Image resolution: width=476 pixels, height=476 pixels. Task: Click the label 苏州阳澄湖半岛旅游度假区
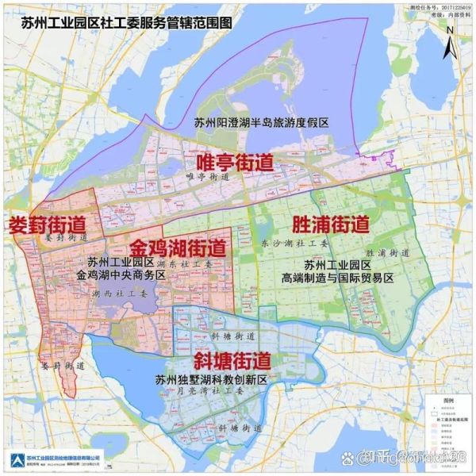click(261, 123)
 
